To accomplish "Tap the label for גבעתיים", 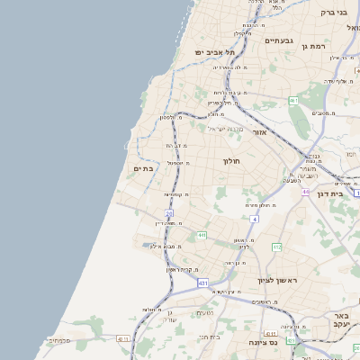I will point(279,40).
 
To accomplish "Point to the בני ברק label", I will point(333,13).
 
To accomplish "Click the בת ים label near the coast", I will point(144,167).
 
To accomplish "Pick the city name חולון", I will point(233,161).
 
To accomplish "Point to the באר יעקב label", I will point(339,321).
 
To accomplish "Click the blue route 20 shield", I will point(168,212).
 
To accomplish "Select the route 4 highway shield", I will point(254,219).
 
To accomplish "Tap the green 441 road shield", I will point(202,235).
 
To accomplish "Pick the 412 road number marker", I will point(277,247).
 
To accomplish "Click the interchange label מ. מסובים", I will point(322,112).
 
